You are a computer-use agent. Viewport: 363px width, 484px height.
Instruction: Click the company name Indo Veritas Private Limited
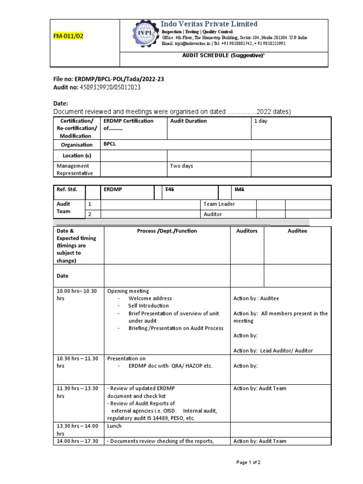(209, 24)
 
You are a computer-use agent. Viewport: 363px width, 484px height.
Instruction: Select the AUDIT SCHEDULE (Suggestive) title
(223, 55)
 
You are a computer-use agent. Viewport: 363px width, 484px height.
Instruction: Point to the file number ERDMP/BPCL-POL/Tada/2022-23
(108, 79)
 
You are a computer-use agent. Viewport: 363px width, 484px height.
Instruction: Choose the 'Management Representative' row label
(75, 170)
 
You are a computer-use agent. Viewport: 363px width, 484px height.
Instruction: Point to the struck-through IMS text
(240, 190)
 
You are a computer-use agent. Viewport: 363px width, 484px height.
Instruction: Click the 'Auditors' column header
(247, 231)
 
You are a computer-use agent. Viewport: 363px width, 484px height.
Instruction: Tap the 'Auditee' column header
(297, 231)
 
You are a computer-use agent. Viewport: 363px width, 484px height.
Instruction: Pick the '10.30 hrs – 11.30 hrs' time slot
(77, 362)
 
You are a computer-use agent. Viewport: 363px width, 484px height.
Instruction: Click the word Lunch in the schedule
(114, 426)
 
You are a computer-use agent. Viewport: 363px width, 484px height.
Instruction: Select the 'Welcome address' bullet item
(150, 299)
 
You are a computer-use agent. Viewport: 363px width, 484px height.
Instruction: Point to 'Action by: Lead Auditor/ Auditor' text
(273, 351)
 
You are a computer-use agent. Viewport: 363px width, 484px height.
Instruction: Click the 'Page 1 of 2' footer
(248, 462)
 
